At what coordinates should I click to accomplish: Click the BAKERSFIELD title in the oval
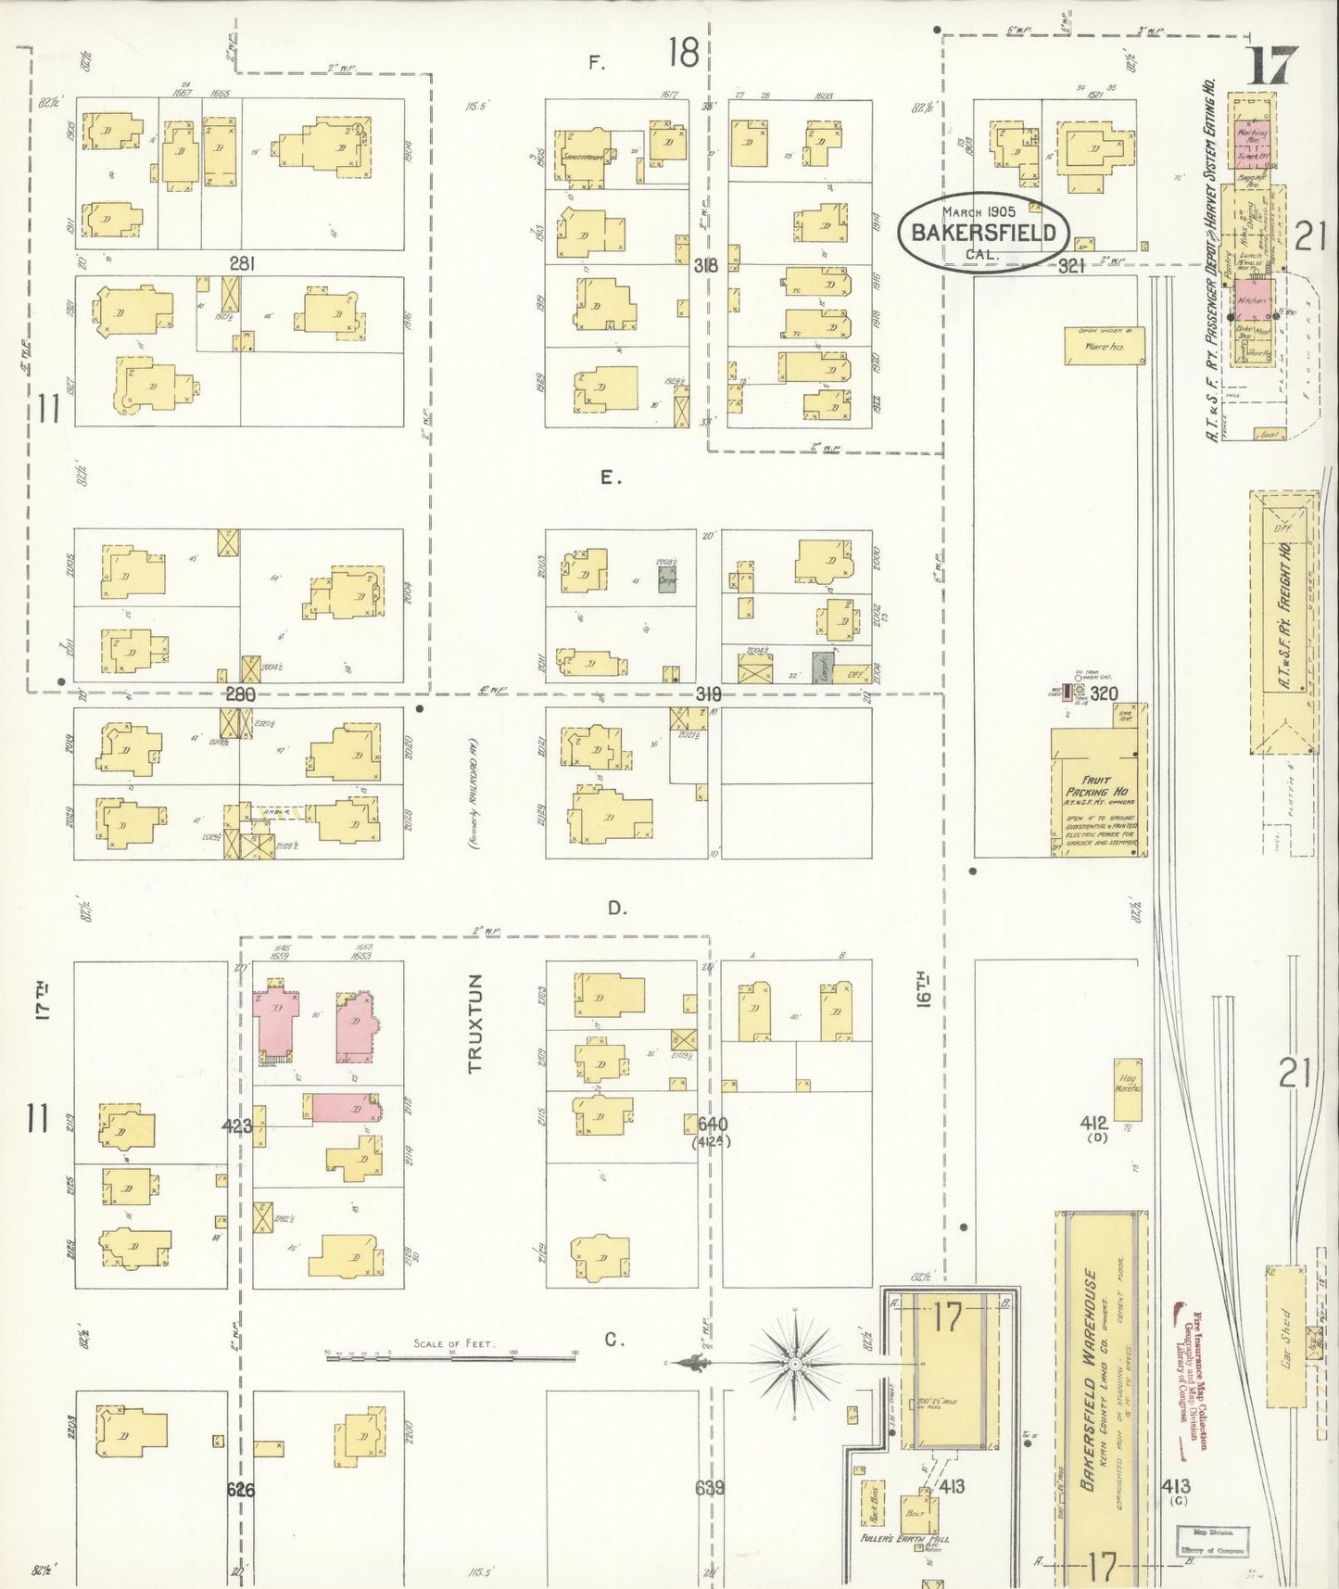pos(983,233)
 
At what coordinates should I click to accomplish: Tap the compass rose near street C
pos(794,1366)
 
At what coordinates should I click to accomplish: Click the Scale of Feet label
pos(454,1343)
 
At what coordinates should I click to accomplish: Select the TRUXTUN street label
pos(476,1023)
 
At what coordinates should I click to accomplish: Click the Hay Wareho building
pos(1128,1089)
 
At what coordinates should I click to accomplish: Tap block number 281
pos(242,264)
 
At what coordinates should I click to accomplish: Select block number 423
pos(237,1126)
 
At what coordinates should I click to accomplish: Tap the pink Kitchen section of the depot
pos(1252,300)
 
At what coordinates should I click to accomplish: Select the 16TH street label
pos(923,990)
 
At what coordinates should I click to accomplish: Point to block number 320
pos(1104,693)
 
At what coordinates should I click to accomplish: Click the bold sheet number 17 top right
pos(1270,66)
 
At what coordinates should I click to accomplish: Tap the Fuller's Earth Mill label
pos(904,1538)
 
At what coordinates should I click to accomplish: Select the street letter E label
pos(608,478)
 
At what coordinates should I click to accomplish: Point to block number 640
pos(713,1125)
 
